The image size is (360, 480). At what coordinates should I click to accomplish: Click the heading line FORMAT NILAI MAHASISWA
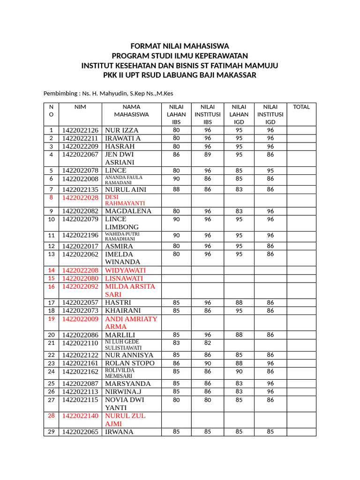pos(180,46)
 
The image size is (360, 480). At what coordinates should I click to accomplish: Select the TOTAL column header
pos(301,107)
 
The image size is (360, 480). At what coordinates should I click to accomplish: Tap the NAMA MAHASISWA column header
pos(131,111)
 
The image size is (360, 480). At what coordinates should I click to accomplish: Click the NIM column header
pos(80,107)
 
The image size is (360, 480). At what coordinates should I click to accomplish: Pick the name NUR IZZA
pos(122,130)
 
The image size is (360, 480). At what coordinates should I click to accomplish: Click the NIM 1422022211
pos(80,138)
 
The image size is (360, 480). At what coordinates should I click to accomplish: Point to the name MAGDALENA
pos(128,211)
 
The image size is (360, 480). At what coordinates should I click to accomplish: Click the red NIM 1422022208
pos(80,270)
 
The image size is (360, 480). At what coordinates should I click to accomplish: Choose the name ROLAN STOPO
pos(129,363)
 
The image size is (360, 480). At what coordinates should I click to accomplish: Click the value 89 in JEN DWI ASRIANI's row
pos(208,154)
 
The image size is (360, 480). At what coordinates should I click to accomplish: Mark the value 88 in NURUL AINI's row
pos(176,189)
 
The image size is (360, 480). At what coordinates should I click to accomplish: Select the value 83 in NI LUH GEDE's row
pos(176,343)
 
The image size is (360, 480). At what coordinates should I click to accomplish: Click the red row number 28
pos(51,416)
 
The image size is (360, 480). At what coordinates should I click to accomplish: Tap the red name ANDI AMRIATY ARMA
pos(131,322)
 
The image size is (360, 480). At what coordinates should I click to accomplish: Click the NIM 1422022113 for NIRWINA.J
pos(80,391)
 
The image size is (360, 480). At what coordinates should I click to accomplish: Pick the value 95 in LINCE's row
pos(270,171)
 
